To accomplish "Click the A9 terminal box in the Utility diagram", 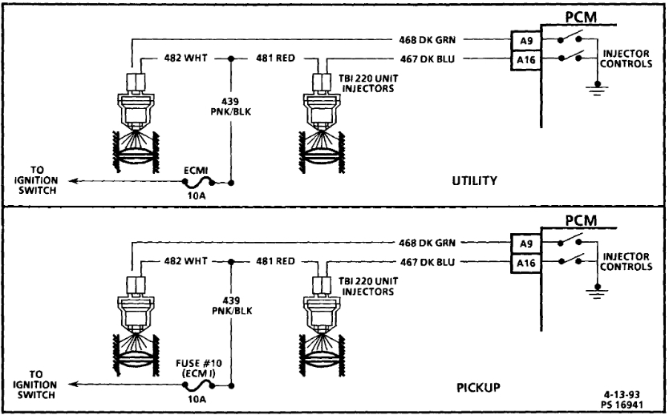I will click(x=525, y=42).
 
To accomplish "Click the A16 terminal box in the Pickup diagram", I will click(x=525, y=261).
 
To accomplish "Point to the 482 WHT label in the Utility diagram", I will click(x=174, y=58).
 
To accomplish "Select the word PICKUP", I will click(x=479, y=388).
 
